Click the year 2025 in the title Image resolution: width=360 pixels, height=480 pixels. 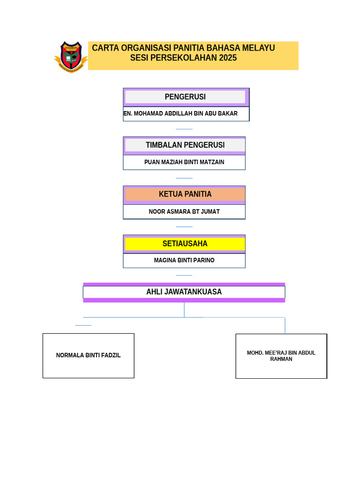(228, 58)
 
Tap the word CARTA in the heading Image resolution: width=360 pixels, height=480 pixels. (105, 48)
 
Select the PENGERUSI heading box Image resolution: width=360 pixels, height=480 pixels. (185, 97)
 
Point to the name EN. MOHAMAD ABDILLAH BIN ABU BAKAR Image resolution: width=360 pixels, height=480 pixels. (180, 113)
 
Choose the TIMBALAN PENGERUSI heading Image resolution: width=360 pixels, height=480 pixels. (185, 145)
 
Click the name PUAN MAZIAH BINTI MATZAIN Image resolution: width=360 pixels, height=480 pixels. (184, 162)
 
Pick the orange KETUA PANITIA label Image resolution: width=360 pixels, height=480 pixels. (185, 194)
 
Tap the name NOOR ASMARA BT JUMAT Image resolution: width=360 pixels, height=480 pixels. (184, 211)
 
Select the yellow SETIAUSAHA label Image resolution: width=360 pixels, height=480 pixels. (185, 244)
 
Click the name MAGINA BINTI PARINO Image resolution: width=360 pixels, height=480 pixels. (184, 260)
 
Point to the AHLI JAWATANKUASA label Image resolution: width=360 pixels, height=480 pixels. (184, 292)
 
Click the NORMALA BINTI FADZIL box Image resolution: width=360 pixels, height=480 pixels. (88, 355)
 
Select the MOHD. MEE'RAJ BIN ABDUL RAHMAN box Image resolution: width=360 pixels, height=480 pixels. (281, 356)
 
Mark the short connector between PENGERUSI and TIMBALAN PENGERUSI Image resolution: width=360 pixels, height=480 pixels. (184, 129)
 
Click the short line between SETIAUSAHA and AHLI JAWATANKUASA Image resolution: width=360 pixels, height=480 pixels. (184, 275)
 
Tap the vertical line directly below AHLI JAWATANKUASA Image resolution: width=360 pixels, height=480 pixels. (184, 309)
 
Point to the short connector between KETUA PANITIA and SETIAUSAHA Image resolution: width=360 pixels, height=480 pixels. (184, 226)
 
